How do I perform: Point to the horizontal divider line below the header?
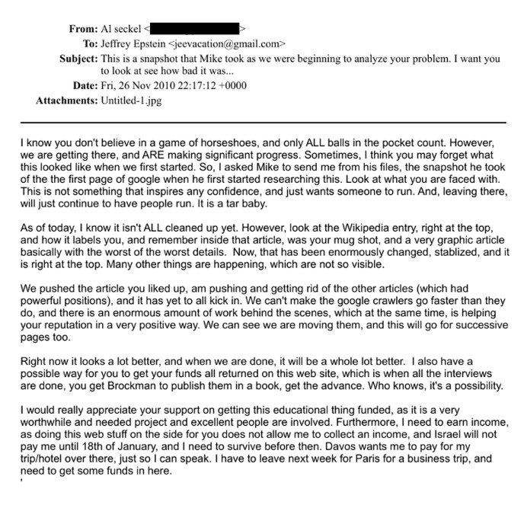(261, 122)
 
